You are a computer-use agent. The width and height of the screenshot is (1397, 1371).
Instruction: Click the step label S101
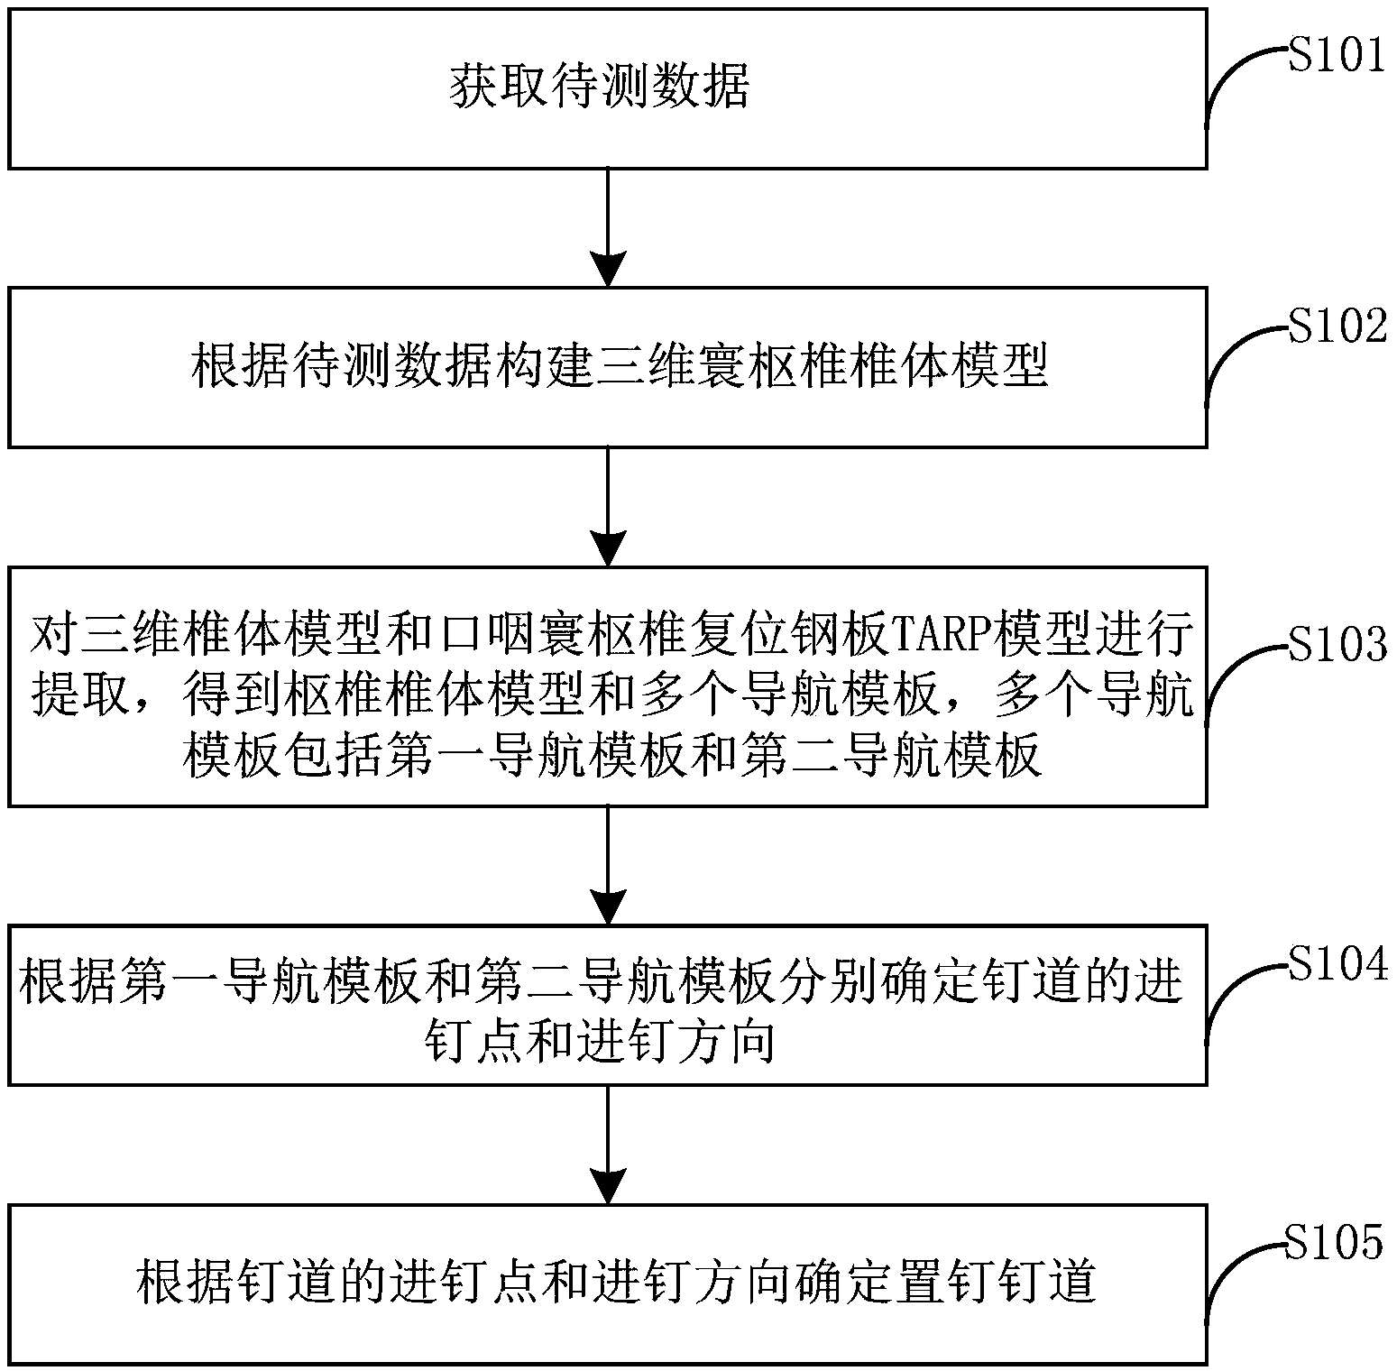[x=1336, y=57]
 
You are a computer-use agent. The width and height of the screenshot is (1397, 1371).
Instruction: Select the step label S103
[x=1337, y=644]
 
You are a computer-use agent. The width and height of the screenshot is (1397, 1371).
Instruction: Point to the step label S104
[x=1337, y=964]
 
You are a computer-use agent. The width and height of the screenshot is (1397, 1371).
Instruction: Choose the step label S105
[x=1334, y=1242]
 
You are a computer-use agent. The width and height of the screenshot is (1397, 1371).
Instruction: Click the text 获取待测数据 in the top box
[x=600, y=88]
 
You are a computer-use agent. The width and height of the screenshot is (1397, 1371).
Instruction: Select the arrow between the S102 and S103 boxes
[x=608, y=506]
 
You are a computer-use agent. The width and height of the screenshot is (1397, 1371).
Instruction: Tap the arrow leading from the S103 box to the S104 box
[x=608, y=865]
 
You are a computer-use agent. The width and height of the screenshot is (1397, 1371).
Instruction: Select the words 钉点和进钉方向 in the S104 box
[x=600, y=1044]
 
